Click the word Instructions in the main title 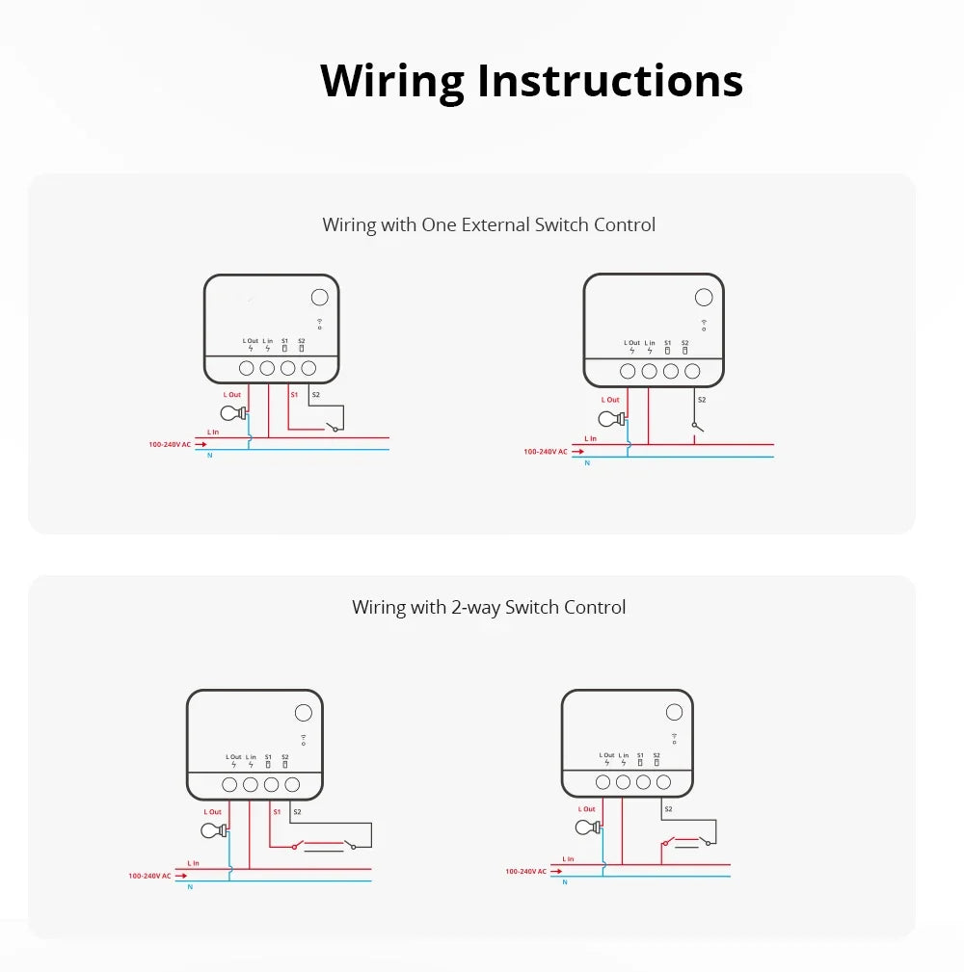610,81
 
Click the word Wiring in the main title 393,81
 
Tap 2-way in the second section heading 475,607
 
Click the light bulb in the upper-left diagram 231,413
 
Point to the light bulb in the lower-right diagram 586,828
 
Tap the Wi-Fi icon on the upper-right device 704,325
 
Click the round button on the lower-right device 674,712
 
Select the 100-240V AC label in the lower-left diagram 149,876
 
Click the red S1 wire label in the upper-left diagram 295,395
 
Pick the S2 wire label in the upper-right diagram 701,399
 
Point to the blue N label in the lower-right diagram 566,881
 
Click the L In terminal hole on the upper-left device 267,368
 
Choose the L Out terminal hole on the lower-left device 229,785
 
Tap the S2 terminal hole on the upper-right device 691,371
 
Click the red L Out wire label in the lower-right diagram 587,809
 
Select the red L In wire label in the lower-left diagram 194,863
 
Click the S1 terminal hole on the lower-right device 643,782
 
